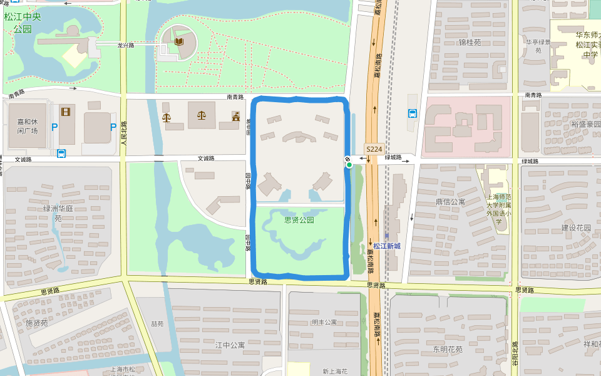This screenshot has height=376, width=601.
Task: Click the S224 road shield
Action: point(374,149)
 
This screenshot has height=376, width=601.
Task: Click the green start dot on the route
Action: point(349,165)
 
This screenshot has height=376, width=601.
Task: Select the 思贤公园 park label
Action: point(299,220)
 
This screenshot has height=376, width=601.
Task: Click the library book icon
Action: point(180,42)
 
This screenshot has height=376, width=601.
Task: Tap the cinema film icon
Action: point(66,112)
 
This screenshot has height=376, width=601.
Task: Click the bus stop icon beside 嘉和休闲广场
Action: point(61,154)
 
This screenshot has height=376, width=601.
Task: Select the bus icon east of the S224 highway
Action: point(413,113)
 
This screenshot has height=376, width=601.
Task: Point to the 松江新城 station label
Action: point(386,246)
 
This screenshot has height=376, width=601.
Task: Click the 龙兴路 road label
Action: point(126,45)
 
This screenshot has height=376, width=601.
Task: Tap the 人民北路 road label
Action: point(124,133)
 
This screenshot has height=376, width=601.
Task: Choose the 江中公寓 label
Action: point(230,345)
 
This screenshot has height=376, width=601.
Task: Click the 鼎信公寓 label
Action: point(450,202)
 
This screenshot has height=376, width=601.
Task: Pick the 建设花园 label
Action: point(576,227)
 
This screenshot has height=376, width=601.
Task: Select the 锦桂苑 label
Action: point(470,43)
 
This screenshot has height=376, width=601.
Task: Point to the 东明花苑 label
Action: point(447,349)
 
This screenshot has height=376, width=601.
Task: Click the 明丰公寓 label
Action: point(324,322)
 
